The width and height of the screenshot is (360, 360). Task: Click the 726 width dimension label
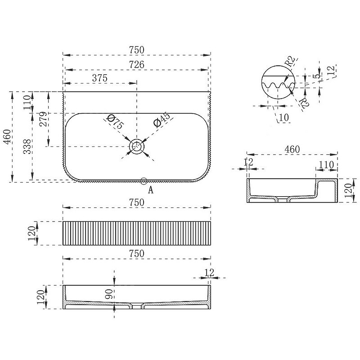pyautogui.click(x=137, y=64)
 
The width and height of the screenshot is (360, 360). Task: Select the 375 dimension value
pyautogui.click(x=99, y=78)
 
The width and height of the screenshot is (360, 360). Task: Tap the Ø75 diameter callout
pyautogui.click(x=116, y=121)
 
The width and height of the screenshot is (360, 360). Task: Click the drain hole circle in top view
pyautogui.click(x=137, y=146)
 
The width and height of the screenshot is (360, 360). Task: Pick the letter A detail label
pyautogui.click(x=151, y=190)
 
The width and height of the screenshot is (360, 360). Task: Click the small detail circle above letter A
pyautogui.click(x=144, y=181)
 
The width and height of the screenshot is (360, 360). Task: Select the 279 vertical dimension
pyautogui.click(x=43, y=119)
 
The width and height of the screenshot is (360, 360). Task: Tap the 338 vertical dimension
pyautogui.click(x=27, y=147)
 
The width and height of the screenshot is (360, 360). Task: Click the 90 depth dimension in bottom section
pyautogui.click(x=109, y=294)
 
